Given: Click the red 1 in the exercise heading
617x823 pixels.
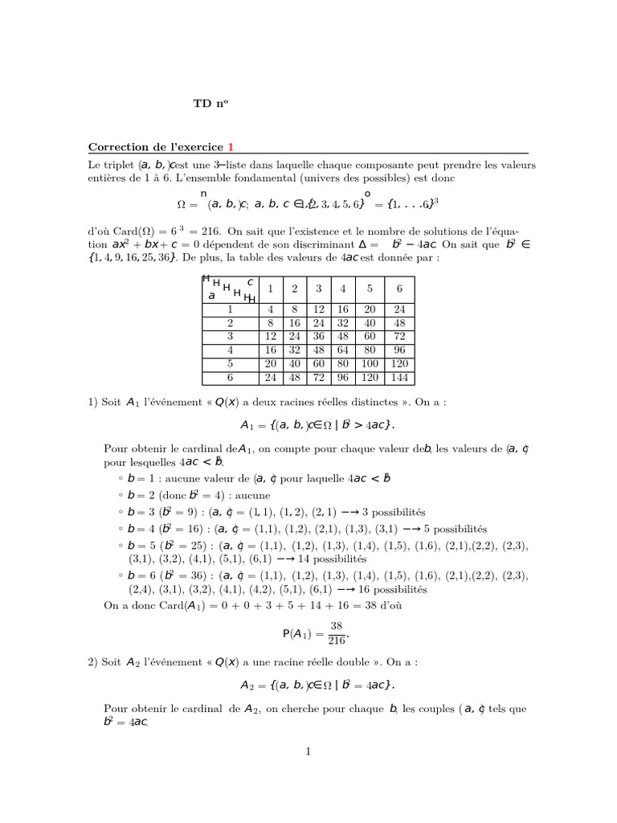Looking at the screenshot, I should [230, 146].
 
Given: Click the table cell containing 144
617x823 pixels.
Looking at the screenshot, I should [400, 378].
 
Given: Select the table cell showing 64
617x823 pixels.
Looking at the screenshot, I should [344, 350].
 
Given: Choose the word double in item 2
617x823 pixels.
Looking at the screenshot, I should [349, 661].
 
